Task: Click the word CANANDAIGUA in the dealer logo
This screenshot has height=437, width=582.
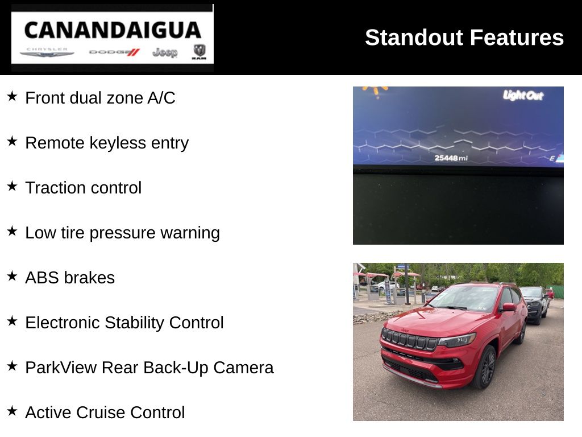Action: [x=113, y=30]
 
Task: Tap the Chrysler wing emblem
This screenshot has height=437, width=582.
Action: [x=47, y=53]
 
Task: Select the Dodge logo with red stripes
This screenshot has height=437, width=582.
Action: [x=114, y=52]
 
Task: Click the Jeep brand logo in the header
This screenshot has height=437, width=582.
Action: [x=165, y=52]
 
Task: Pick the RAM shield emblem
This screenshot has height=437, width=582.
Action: [x=199, y=52]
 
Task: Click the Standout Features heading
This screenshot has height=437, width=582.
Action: [x=464, y=38]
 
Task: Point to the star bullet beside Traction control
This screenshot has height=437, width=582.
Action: [x=12, y=186]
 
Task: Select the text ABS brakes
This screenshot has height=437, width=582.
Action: [x=70, y=278]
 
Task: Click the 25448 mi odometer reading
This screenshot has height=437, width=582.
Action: [x=451, y=158]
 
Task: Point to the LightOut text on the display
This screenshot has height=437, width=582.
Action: [x=523, y=96]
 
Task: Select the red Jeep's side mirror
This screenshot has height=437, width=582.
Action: [x=508, y=307]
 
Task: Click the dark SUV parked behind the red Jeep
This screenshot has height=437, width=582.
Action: [x=534, y=304]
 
